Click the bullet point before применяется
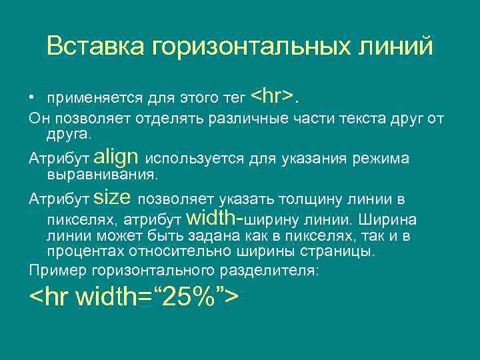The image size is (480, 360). coord(31,99)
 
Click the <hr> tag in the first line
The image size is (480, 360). coord(273,97)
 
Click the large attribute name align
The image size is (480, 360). coord(117,157)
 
